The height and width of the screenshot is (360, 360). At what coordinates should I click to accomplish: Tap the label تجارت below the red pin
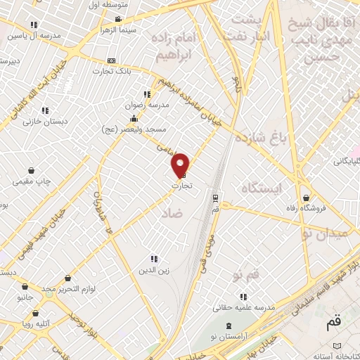click(x=181, y=186)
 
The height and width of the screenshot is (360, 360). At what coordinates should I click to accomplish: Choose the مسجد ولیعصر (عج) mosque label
click(x=131, y=129)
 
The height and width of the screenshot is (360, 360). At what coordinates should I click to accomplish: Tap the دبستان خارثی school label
click(x=44, y=121)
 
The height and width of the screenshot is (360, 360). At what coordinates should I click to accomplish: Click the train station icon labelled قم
click(x=215, y=198)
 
